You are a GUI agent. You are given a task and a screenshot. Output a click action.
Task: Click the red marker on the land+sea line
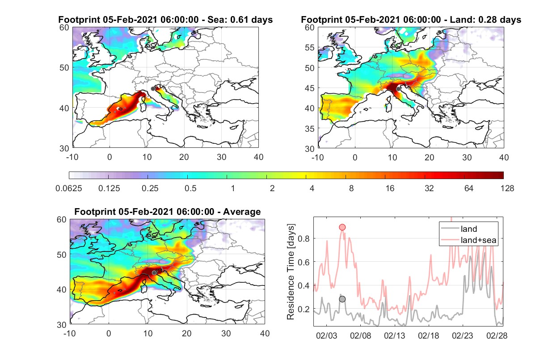342,227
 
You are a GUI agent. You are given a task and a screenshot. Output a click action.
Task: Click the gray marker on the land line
342,299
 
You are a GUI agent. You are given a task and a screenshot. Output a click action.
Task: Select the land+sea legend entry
469,240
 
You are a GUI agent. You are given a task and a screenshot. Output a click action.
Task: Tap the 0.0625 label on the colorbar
69,188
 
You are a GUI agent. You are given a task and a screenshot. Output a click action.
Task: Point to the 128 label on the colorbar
507,188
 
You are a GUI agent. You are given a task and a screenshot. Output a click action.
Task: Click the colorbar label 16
390,188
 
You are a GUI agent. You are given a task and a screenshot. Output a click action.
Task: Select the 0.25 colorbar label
150,188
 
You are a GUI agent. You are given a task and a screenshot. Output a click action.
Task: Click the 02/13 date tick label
394,335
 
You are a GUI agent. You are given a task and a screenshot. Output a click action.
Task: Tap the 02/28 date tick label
497,335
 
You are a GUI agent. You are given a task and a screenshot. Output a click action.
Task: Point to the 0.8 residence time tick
304,239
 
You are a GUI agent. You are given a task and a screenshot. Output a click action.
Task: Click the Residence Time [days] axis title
291,272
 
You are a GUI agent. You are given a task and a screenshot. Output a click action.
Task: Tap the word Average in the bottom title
242,212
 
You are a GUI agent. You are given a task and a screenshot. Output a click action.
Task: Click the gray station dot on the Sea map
153,89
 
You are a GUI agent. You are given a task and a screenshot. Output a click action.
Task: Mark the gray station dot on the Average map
154,273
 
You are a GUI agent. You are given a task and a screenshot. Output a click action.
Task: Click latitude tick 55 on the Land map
310,47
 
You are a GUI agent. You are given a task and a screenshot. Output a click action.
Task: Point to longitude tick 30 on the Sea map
221,157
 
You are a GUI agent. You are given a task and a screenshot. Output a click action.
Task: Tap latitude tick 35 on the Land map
310,129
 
